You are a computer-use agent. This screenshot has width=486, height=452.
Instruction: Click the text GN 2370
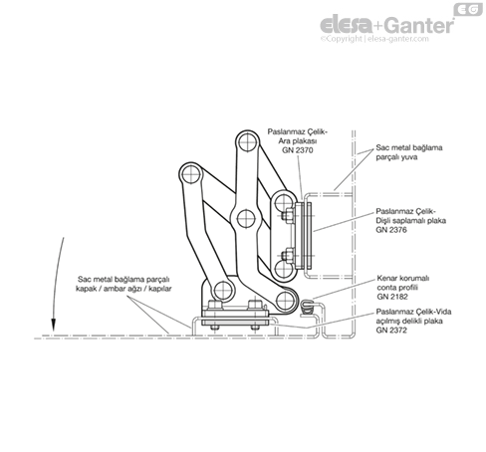point(298,150)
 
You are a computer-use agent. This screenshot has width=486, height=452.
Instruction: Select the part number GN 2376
point(391,230)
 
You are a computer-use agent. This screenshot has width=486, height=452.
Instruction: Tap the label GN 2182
point(392,297)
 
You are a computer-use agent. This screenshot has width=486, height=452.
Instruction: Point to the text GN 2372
point(391,331)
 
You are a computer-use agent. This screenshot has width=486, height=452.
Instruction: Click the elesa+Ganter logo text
point(387,25)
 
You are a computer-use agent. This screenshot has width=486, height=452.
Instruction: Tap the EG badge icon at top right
point(468,10)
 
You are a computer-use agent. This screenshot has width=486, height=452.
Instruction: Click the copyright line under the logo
point(374,39)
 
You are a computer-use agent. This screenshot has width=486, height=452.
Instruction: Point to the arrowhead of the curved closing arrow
point(53,325)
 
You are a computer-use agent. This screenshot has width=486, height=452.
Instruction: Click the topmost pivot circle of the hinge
point(247,142)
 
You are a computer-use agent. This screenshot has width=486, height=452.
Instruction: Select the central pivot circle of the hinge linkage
point(246,219)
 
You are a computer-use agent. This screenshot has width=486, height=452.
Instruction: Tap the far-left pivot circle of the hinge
point(191,174)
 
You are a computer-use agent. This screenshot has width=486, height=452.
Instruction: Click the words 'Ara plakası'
point(298,141)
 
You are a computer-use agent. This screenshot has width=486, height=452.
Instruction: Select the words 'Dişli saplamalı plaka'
point(410,221)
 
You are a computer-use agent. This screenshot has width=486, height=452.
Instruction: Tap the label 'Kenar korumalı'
point(403,278)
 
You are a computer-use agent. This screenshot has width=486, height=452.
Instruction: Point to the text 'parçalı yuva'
point(396,157)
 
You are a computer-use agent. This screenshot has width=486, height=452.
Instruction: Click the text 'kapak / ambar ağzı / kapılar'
point(123,289)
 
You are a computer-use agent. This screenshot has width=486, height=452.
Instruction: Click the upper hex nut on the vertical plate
point(287,216)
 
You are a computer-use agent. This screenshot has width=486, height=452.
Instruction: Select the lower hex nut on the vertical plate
point(287,256)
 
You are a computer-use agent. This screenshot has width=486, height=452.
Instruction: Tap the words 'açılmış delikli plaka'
point(409,321)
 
